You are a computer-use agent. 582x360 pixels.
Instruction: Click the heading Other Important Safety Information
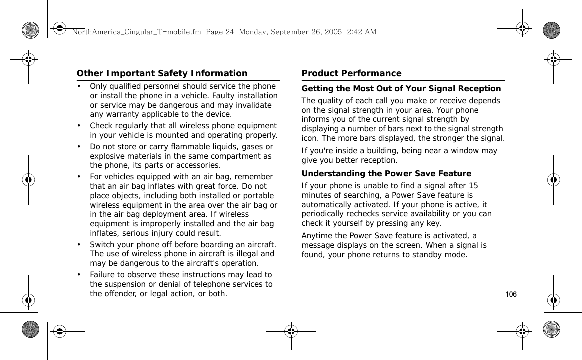click(x=162, y=73)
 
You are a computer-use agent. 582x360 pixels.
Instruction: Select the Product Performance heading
click(x=351, y=73)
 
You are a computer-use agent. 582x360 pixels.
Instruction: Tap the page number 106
click(x=511, y=294)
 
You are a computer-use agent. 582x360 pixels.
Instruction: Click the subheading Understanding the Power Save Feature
click(x=386, y=174)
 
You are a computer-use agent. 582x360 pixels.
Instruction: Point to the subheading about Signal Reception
click(x=401, y=89)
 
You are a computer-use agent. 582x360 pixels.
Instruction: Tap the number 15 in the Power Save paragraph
click(x=473, y=186)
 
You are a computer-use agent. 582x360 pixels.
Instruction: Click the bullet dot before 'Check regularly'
click(x=79, y=126)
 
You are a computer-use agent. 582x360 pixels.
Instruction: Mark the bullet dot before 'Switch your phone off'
click(x=79, y=245)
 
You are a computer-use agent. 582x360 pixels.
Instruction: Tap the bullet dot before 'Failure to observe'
click(x=79, y=275)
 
